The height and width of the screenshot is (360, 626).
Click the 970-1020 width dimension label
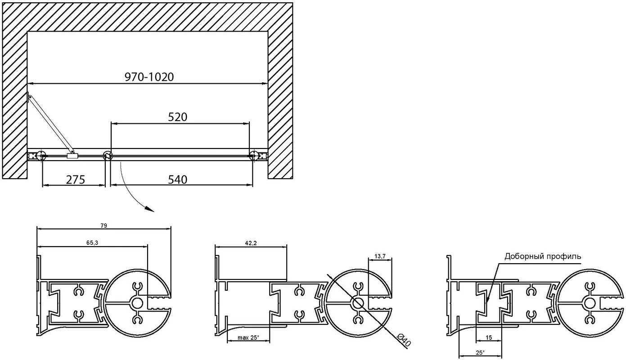click(x=149, y=77)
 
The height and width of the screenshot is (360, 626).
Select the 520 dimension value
click(x=177, y=117)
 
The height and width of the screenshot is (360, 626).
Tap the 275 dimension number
click(x=76, y=180)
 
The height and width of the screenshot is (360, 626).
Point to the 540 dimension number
click(x=177, y=180)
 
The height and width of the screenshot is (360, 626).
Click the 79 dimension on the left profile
click(x=104, y=225)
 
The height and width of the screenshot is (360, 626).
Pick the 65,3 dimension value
click(x=92, y=243)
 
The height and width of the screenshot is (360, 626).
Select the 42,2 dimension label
click(x=251, y=243)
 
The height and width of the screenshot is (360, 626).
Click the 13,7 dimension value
click(x=380, y=256)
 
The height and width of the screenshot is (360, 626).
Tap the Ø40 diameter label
click(x=404, y=341)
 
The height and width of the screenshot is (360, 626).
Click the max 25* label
click(x=248, y=337)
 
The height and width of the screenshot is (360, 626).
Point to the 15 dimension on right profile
click(x=488, y=337)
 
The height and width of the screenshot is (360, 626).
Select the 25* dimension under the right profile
click(x=480, y=353)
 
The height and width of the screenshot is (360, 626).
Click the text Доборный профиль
click(x=543, y=256)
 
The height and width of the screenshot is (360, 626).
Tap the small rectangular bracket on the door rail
click(x=72, y=156)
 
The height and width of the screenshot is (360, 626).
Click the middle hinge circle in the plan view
click(x=107, y=156)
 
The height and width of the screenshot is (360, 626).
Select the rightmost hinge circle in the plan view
click(x=254, y=156)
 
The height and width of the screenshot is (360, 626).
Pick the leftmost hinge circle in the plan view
click(x=42, y=156)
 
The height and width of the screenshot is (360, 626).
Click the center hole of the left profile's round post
click(x=137, y=303)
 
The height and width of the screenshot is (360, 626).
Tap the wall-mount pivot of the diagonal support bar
click(x=30, y=97)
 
